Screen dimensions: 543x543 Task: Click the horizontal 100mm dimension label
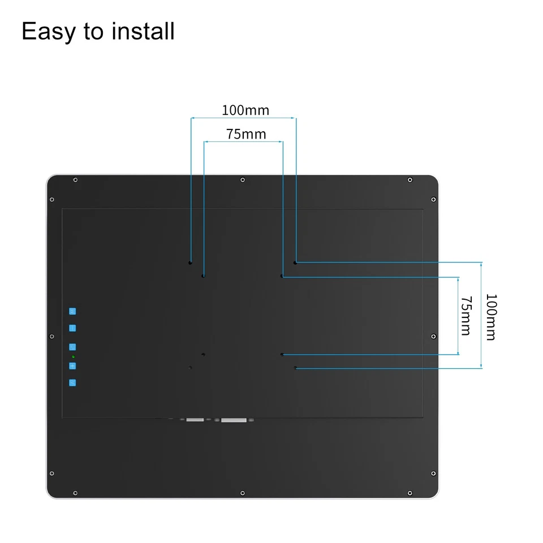click(x=245, y=110)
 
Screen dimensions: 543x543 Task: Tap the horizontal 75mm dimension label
click(x=246, y=134)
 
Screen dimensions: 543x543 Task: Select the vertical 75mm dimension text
click(x=466, y=316)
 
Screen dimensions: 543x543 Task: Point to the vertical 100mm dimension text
click(x=490, y=316)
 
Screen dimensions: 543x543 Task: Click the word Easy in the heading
click(x=48, y=32)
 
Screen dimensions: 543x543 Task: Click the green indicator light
click(x=73, y=357)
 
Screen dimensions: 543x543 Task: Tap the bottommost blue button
click(x=72, y=383)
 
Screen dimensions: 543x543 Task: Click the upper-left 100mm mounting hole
click(x=191, y=262)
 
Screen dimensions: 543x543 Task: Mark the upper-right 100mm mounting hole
click(x=295, y=262)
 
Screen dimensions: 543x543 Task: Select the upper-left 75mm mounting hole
click(x=204, y=276)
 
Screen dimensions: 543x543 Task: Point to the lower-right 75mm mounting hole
click(x=282, y=355)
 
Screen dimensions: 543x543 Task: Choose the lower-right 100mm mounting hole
click(x=295, y=368)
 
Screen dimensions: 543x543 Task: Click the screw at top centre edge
click(x=243, y=180)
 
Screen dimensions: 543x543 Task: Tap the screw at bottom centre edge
click(x=243, y=493)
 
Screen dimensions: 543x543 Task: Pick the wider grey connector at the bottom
click(x=234, y=420)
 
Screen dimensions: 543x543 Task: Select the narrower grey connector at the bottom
click(x=195, y=420)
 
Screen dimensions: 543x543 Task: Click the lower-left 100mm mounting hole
click(x=190, y=368)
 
